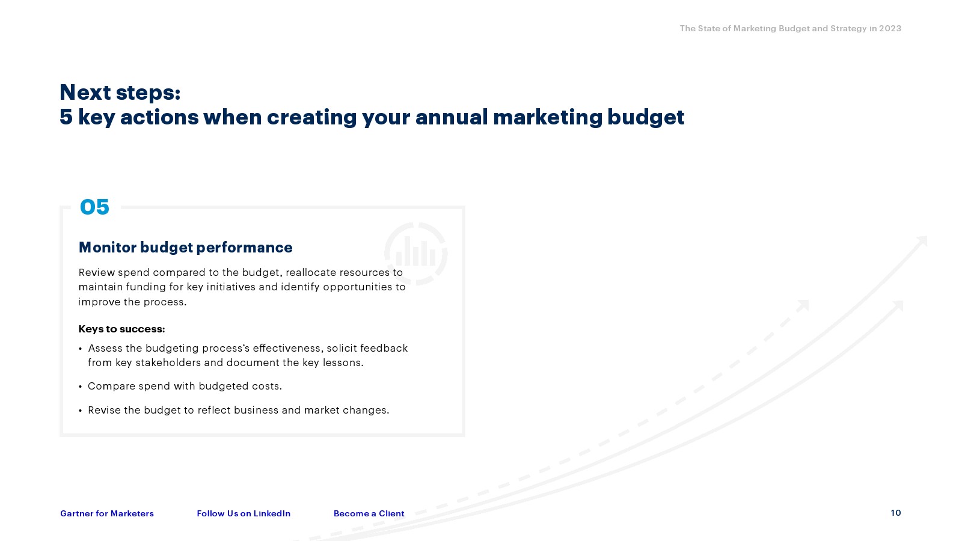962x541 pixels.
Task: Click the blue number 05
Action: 94,207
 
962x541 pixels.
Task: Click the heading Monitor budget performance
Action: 186,247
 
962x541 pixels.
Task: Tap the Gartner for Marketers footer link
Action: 107,513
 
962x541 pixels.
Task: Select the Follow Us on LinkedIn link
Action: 244,513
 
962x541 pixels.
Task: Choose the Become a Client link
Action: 369,513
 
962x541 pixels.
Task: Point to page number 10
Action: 896,513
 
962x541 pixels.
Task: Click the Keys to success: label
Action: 121,329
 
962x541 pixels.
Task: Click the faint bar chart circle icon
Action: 415,254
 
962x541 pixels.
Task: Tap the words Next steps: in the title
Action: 120,93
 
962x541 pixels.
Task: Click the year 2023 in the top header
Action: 890,28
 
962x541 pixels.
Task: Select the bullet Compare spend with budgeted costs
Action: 185,386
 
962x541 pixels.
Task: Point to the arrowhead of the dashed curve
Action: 803,305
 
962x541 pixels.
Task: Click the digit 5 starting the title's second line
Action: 66,117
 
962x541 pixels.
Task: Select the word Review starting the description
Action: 97,272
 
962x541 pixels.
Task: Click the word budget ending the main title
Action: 646,118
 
